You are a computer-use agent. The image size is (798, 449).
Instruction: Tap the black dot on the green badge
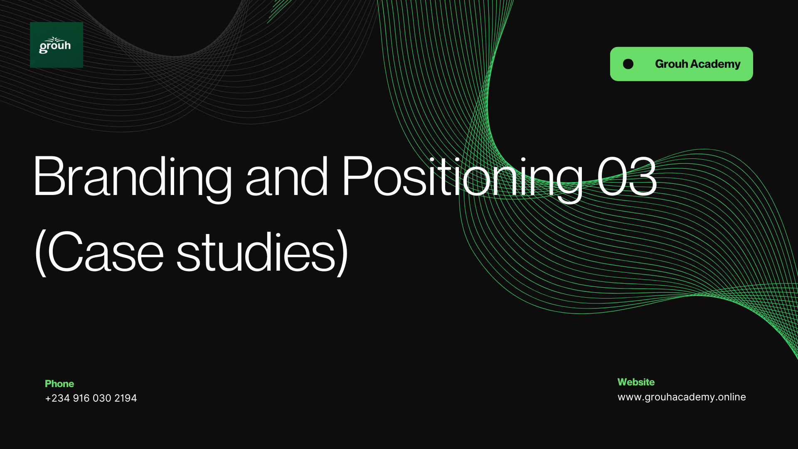pos(628,64)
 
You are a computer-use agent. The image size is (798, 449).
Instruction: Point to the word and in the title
pos(287,177)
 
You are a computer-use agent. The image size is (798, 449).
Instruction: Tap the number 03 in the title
pos(627,176)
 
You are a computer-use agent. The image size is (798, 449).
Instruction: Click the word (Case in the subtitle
pos(99,252)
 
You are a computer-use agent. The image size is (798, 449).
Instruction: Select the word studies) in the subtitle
pos(262,252)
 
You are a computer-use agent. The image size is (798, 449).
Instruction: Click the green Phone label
pos(59,384)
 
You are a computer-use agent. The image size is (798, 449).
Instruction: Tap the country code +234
pos(57,398)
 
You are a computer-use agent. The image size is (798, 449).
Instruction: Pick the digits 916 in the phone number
pos(81,398)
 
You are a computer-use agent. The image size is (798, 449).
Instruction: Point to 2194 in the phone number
pos(126,398)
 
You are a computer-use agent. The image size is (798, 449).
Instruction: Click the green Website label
pos(636,382)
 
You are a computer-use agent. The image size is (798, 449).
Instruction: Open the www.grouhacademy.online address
pos(682,397)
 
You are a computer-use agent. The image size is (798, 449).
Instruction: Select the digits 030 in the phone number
pos(102,398)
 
